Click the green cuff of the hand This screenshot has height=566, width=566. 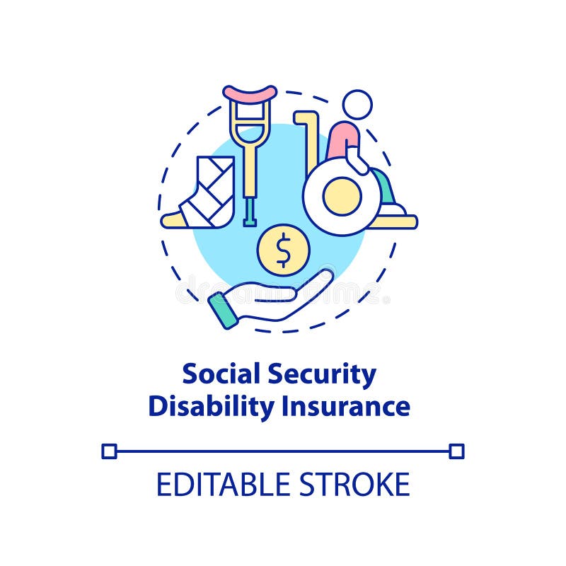coord(224,311)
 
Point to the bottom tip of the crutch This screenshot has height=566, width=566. coord(249,221)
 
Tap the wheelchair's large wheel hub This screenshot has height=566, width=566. coord(342,196)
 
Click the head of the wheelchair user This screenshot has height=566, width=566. coord(357,105)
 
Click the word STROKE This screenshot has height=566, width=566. coord(357,485)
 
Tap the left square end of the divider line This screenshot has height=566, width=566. coord(109,451)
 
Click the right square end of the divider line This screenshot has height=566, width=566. coord(456,451)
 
